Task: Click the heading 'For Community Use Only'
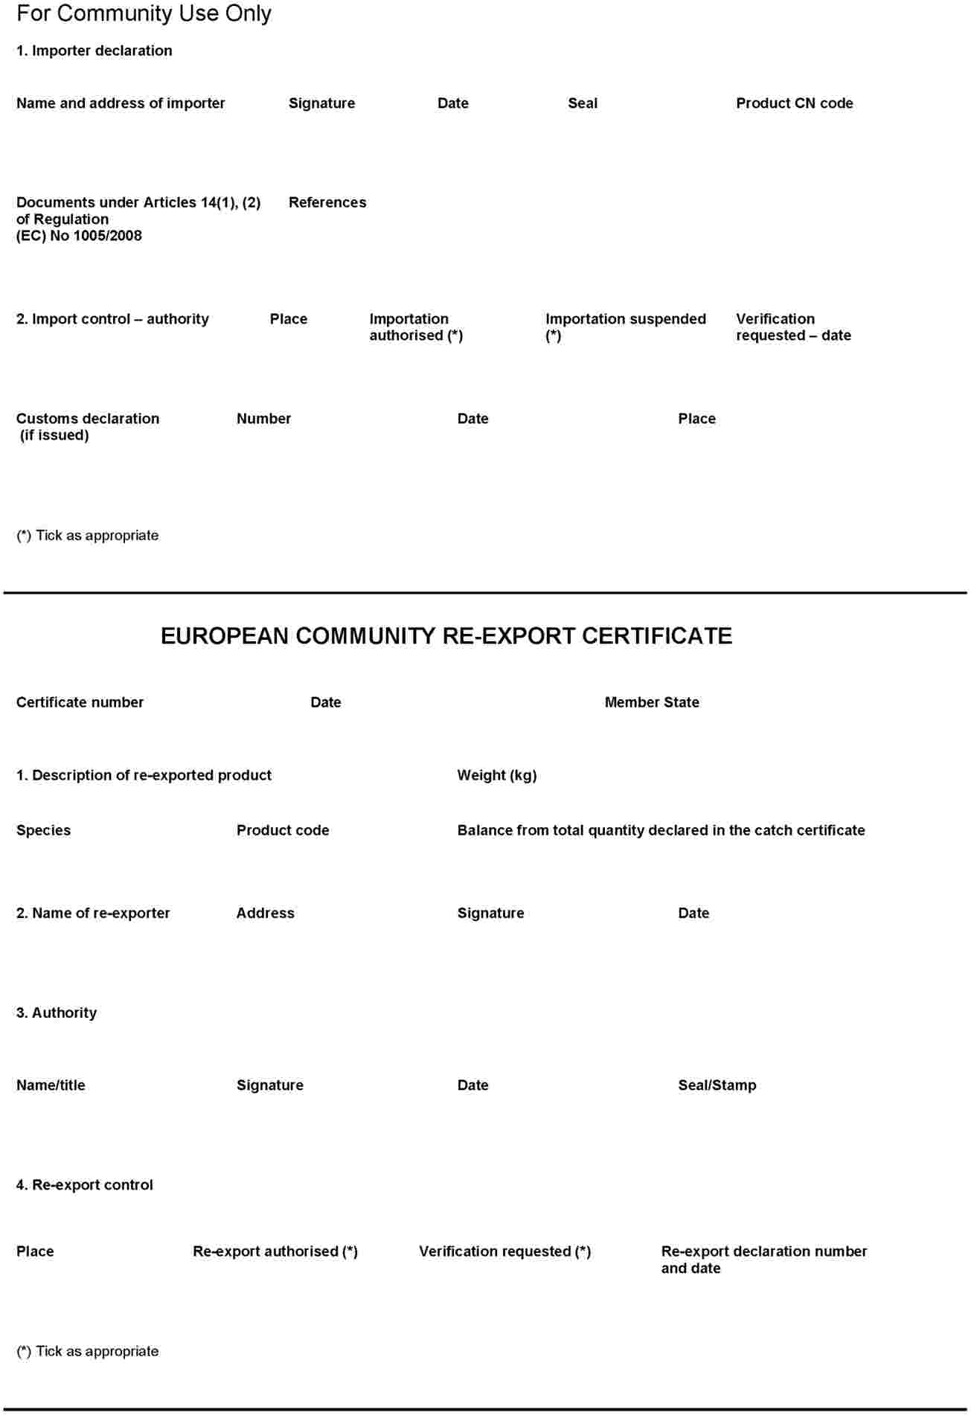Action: click(144, 13)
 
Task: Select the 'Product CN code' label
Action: click(794, 103)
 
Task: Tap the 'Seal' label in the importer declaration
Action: click(582, 103)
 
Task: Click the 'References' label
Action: click(327, 202)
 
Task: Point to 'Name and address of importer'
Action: click(121, 103)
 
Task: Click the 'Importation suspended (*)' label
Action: click(625, 327)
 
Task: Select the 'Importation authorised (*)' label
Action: click(416, 327)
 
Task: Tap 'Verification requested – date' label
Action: click(793, 327)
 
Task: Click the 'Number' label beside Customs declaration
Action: click(263, 419)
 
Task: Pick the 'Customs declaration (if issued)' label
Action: click(87, 426)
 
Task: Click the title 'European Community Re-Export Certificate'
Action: click(446, 636)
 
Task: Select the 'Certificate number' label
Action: click(80, 702)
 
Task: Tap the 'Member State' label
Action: click(652, 702)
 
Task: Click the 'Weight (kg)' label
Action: click(496, 775)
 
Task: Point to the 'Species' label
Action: click(43, 830)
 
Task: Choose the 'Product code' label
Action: click(283, 830)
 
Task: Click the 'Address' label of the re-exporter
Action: click(265, 913)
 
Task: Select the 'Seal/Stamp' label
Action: click(717, 1085)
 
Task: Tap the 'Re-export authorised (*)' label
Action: click(275, 1251)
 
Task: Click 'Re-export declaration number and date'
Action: click(763, 1260)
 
